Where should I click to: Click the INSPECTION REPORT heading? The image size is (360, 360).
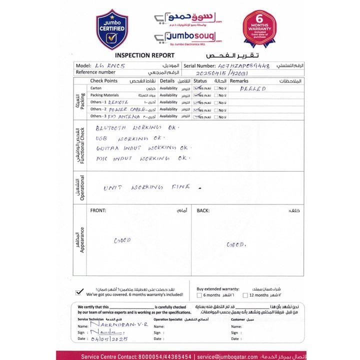(x=145, y=55)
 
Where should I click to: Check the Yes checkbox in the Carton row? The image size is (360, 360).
(x=196, y=88)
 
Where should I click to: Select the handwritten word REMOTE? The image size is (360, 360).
(x=118, y=102)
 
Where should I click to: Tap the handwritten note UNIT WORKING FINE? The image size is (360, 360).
(x=147, y=187)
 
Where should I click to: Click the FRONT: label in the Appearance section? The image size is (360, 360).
(x=98, y=210)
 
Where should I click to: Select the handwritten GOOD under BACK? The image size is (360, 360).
(x=236, y=244)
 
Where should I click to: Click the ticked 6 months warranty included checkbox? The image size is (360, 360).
(x=79, y=292)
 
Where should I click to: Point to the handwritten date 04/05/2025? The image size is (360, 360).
(x=109, y=338)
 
